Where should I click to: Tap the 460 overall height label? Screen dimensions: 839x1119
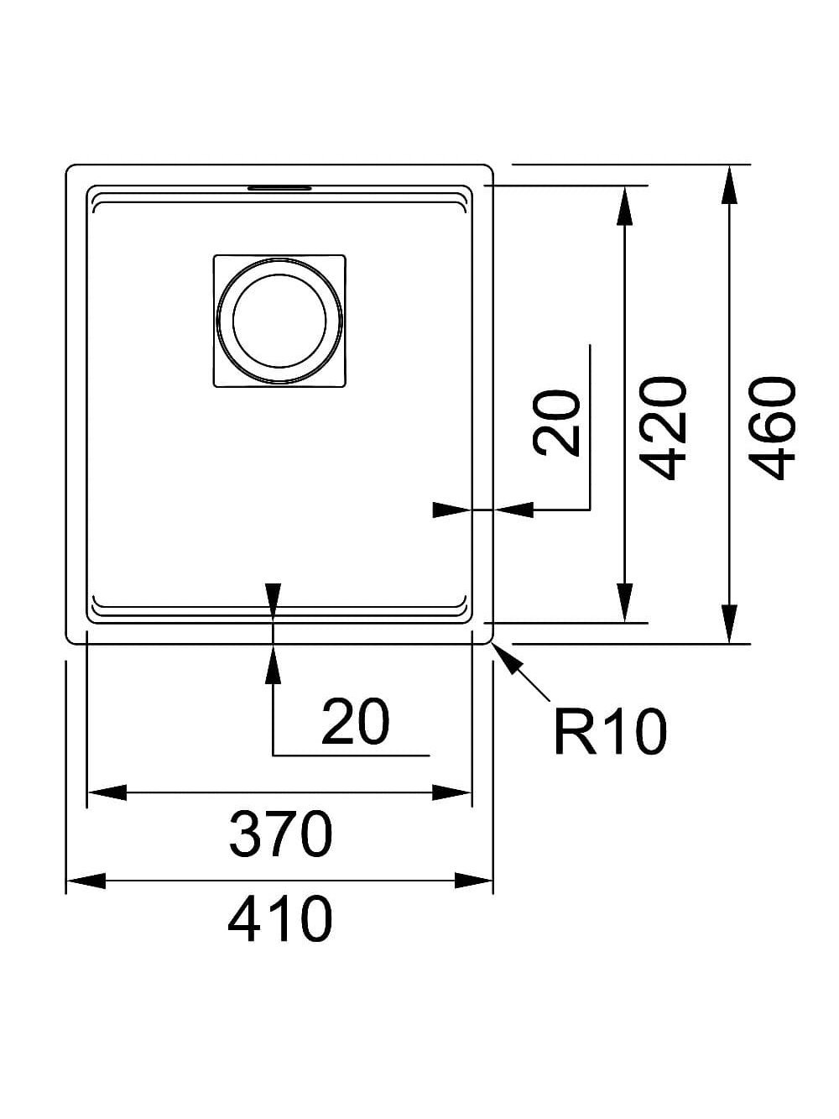tap(773, 427)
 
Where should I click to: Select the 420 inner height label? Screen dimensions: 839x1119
tap(664, 427)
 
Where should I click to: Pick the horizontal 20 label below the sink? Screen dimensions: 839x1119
tap(355, 722)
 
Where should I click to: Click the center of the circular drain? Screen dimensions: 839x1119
tap(279, 320)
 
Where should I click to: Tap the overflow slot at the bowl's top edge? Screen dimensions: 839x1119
tap(279, 188)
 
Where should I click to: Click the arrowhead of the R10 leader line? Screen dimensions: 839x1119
tap(508, 658)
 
